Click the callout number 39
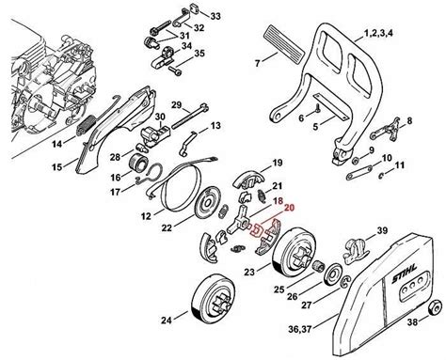[382, 230]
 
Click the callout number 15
[30, 166]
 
